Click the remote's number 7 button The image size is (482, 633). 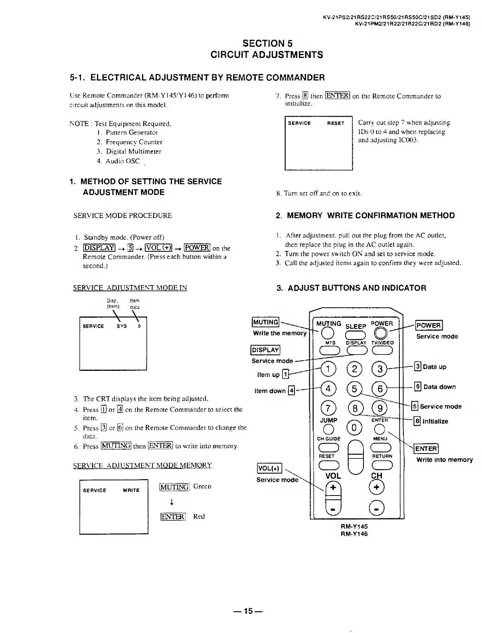[x=328, y=408]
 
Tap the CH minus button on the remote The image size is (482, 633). [x=377, y=508]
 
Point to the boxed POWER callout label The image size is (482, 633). [x=429, y=325]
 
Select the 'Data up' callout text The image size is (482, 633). [x=435, y=366]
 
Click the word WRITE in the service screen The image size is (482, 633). [x=131, y=490]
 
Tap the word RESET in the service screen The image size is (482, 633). [x=336, y=123]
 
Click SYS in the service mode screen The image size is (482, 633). [x=122, y=326]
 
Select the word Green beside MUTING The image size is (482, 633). [x=202, y=486]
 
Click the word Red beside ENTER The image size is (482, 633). [x=199, y=516]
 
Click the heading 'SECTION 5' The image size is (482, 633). [x=267, y=44]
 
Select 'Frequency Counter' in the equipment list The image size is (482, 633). [x=134, y=142]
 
